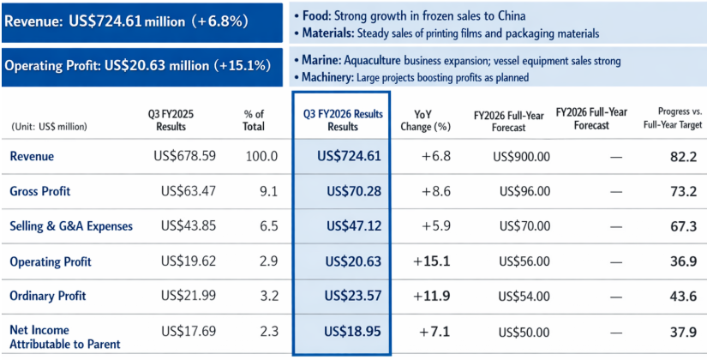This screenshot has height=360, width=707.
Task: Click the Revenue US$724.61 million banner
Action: (x=141, y=22)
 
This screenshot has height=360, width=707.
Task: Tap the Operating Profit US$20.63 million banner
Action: (x=141, y=65)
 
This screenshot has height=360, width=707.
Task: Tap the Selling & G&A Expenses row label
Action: (x=71, y=226)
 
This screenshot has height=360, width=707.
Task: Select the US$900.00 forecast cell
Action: (x=521, y=157)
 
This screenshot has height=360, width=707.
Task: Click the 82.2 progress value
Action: (x=683, y=157)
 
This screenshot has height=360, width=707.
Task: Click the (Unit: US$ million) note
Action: (x=49, y=126)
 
